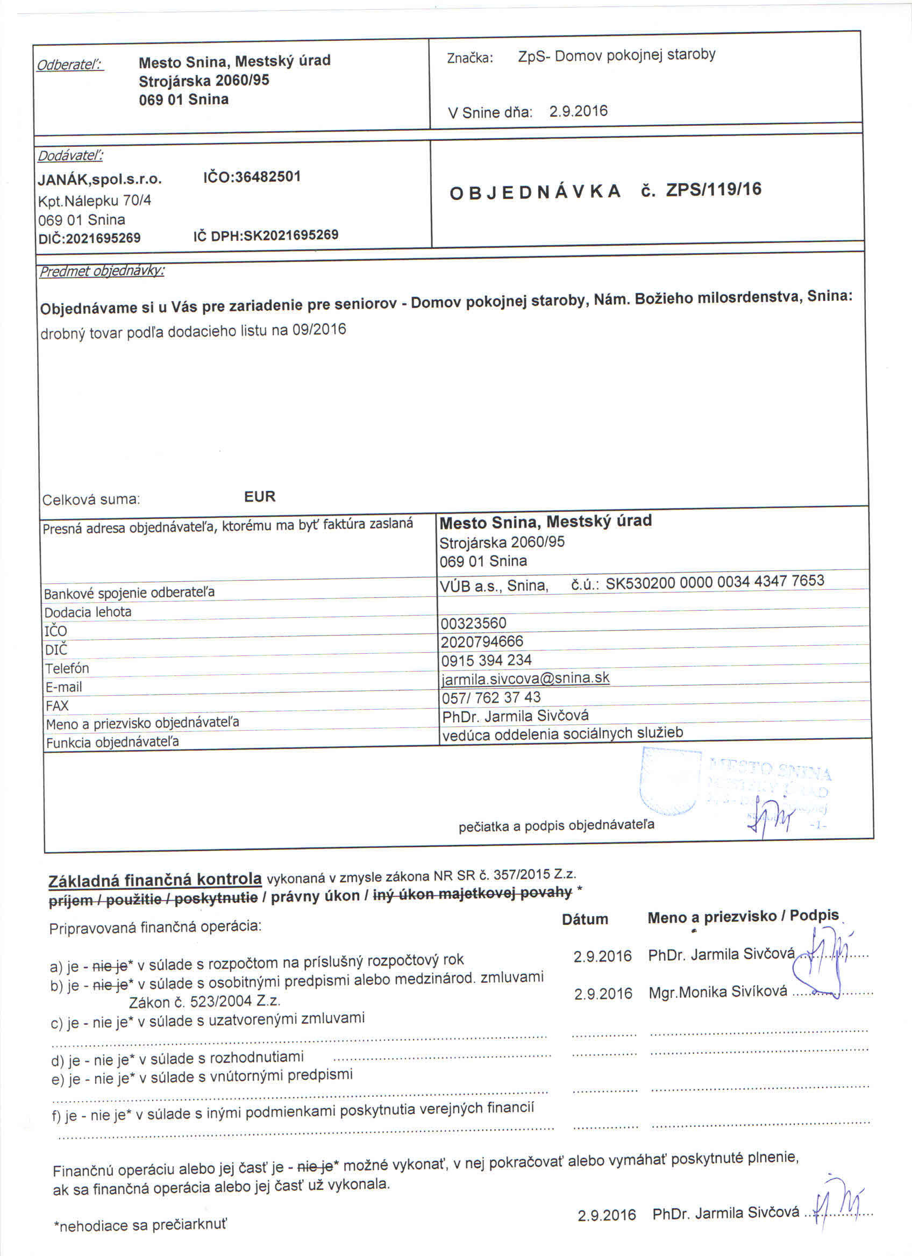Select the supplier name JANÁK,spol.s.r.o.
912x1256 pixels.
click(99, 180)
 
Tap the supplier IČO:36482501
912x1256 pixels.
click(252, 177)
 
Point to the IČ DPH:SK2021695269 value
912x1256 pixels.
click(266, 235)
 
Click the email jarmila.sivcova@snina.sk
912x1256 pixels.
click(525, 679)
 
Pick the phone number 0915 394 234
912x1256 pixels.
click(486, 660)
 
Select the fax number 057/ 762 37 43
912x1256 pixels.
click(490, 697)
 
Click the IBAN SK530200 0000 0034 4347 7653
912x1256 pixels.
click(714, 581)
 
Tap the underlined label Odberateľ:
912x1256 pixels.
click(70, 65)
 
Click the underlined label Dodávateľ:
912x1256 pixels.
click(70, 156)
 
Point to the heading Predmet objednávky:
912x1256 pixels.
click(102, 272)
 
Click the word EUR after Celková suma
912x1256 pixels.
click(260, 496)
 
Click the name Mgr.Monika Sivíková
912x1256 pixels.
click(718, 992)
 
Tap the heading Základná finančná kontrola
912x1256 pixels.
click(155, 880)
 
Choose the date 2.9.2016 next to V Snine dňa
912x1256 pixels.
click(578, 111)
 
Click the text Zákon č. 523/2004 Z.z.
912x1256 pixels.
click(204, 1001)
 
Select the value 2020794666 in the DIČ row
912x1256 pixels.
click(482, 642)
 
